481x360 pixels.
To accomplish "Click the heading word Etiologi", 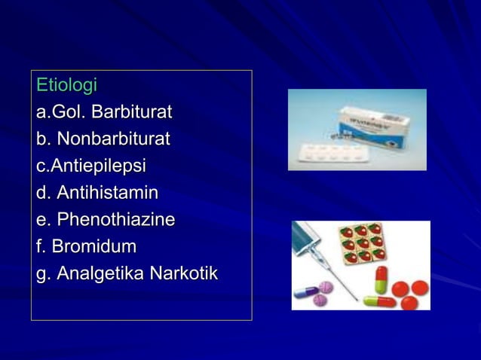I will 66,85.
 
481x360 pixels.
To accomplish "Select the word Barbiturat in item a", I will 132,112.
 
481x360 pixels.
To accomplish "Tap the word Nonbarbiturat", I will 113,139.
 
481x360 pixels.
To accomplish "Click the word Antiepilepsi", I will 98,166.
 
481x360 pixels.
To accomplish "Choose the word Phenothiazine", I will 116,220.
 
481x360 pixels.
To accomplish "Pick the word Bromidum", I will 97,246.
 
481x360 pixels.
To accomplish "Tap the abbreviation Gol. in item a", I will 69,112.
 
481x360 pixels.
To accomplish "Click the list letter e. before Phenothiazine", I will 44,220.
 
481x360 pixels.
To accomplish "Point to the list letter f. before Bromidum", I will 42,246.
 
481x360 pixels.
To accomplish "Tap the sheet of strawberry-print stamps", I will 361,243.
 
